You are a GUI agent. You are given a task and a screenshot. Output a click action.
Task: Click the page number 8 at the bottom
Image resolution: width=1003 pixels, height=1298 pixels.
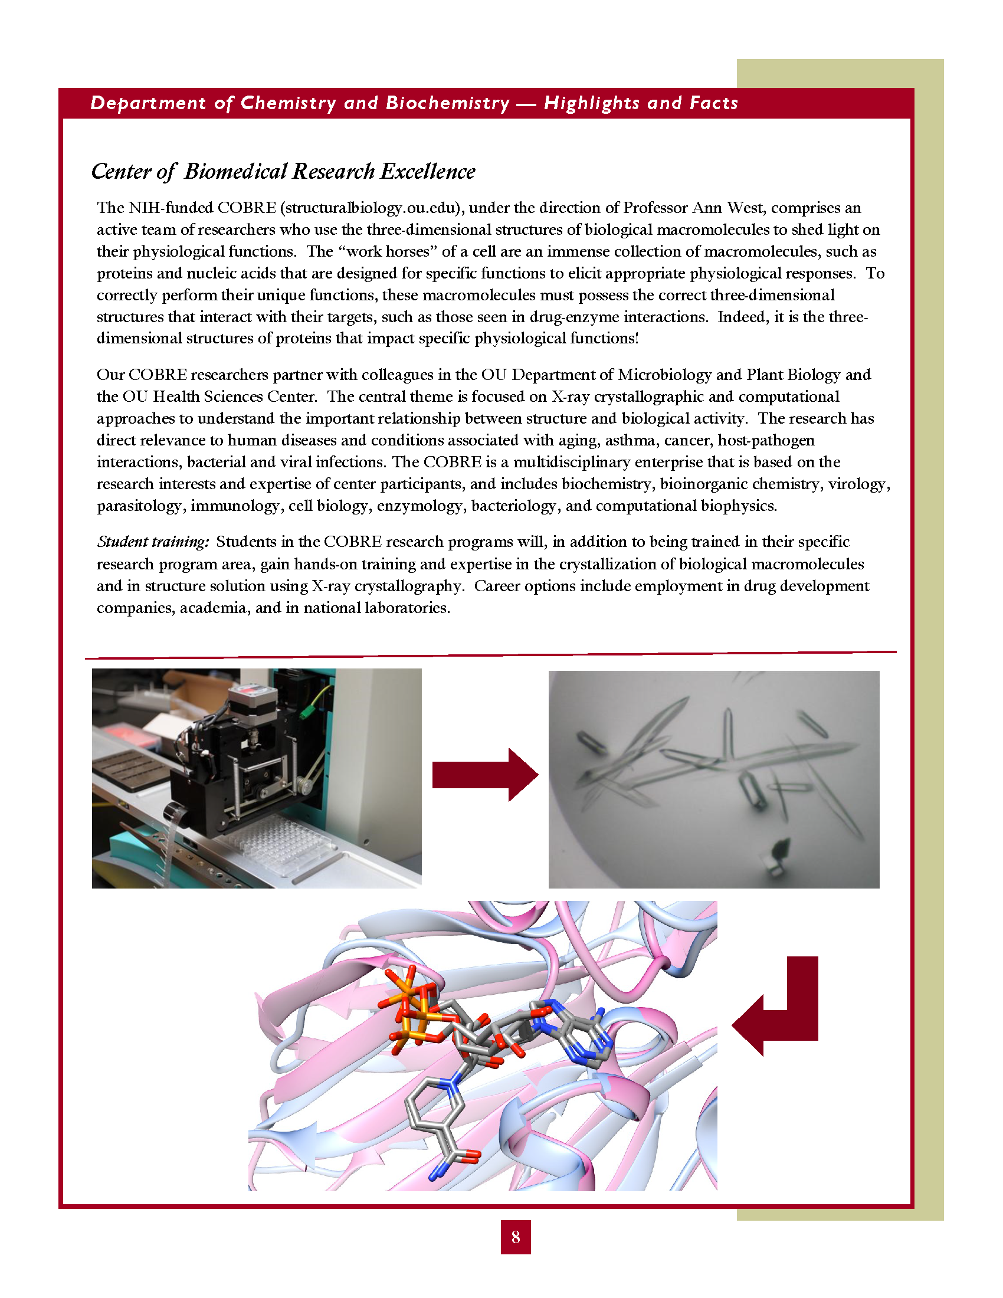coord(515,1237)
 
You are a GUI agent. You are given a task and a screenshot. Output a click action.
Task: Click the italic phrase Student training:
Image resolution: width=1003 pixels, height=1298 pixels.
coord(153,542)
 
